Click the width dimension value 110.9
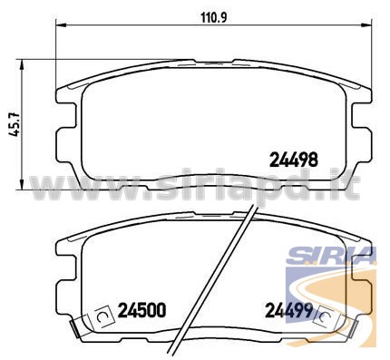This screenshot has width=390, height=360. click(x=214, y=18)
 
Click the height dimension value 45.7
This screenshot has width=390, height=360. click(x=15, y=124)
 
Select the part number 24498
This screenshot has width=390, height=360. click(x=294, y=160)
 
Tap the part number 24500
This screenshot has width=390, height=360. click(x=141, y=310)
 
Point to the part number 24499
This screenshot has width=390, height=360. click(x=288, y=310)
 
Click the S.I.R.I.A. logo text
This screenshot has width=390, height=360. click(x=331, y=256)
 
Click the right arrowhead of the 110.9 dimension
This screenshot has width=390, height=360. click(x=366, y=25)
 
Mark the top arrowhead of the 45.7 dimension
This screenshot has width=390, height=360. click(x=22, y=64)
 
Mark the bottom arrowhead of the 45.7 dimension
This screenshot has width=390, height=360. click(x=22, y=184)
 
